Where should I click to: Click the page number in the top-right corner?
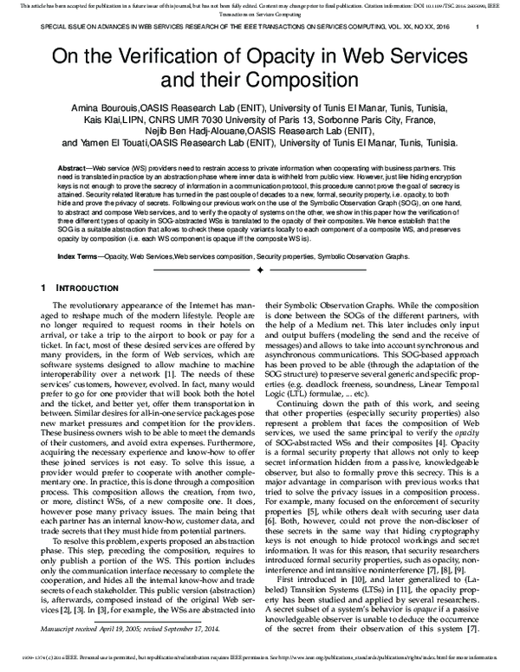pyautogui.click(x=479, y=26)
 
